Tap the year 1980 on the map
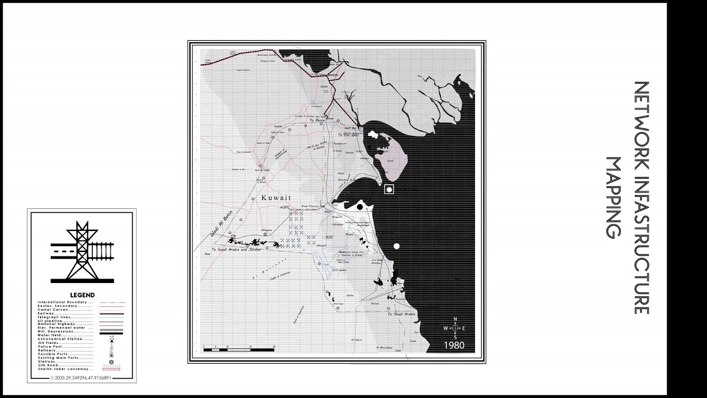coord(454,345)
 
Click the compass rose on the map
coord(455,328)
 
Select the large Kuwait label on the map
coord(276,198)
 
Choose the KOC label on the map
coord(330,237)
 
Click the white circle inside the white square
coord(389,190)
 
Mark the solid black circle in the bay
coord(360,207)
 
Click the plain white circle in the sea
coord(396,246)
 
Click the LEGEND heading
coord(82,295)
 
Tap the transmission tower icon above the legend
coord(82,252)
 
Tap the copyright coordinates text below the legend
coord(81,378)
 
